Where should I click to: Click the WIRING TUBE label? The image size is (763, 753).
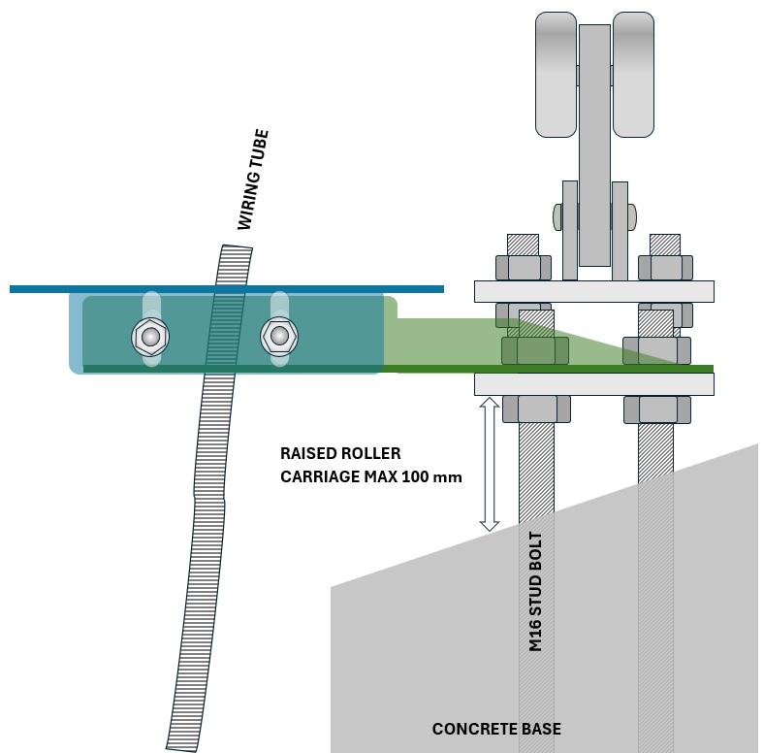pyautogui.click(x=253, y=180)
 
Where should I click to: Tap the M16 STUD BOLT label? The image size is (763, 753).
pyautogui.click(x=536, y=592)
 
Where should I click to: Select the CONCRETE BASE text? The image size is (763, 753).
pyautogui.click(x=496, y=729)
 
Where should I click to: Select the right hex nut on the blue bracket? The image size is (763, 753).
pyautogui.click(x=279, y=337)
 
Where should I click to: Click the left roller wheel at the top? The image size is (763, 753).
pyautogui.click(x=556, y=74)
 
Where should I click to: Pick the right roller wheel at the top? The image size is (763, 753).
pyautogui.click(x=633, y=74)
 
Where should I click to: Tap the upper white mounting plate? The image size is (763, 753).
pyautogui.click(x=593, y=291)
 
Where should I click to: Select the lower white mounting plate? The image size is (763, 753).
pyautogui.click(x=593, y=384)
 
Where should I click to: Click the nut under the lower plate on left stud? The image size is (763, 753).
pyautogui.click(x=536, y=409)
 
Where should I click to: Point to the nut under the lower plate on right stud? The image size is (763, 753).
pyautogui.click(x=656, y=409)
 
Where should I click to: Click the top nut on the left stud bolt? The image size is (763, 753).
pyautogui.click(x=524, y=267)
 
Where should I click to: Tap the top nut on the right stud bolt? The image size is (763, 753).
pyautogui.click(x=665, y=267)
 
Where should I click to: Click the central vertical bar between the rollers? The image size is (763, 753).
pyautogui.click(x=594, y=146)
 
